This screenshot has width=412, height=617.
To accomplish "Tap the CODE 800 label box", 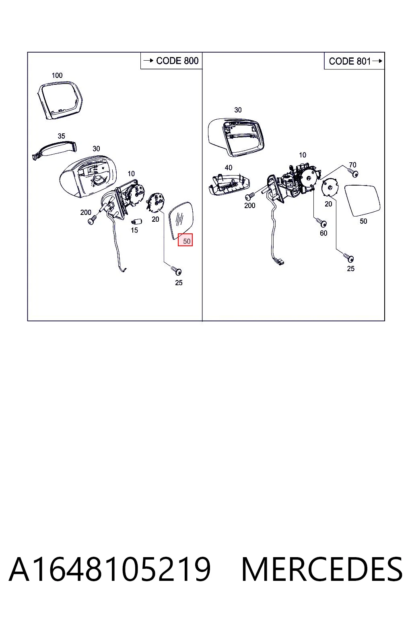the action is [171, 61].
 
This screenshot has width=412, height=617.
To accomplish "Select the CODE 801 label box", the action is [354, 61].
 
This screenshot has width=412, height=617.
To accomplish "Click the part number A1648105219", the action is [110, 569].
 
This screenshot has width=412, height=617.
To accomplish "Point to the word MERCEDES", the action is [322, 569].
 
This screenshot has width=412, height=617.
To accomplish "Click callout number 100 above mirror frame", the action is [57, 75].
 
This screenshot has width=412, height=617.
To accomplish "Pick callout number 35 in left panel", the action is [61, 136].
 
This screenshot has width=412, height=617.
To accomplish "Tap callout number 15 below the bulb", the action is [134, 230].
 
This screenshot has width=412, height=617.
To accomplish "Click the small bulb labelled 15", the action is [136, 221].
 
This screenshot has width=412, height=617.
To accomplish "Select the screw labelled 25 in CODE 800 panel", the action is [176, 270].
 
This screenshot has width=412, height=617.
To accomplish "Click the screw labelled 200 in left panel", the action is [92, 220].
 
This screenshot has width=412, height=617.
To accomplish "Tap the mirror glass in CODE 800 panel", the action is [181, 220].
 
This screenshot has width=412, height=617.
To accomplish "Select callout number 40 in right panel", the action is [229, 168].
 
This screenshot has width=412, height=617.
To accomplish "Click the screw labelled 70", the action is [353, 173].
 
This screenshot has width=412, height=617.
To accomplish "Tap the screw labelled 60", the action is [321, 222].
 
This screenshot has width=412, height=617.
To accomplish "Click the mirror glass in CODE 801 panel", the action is [363, 200].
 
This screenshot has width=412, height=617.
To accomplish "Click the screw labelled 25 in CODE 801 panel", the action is [348, 257].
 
